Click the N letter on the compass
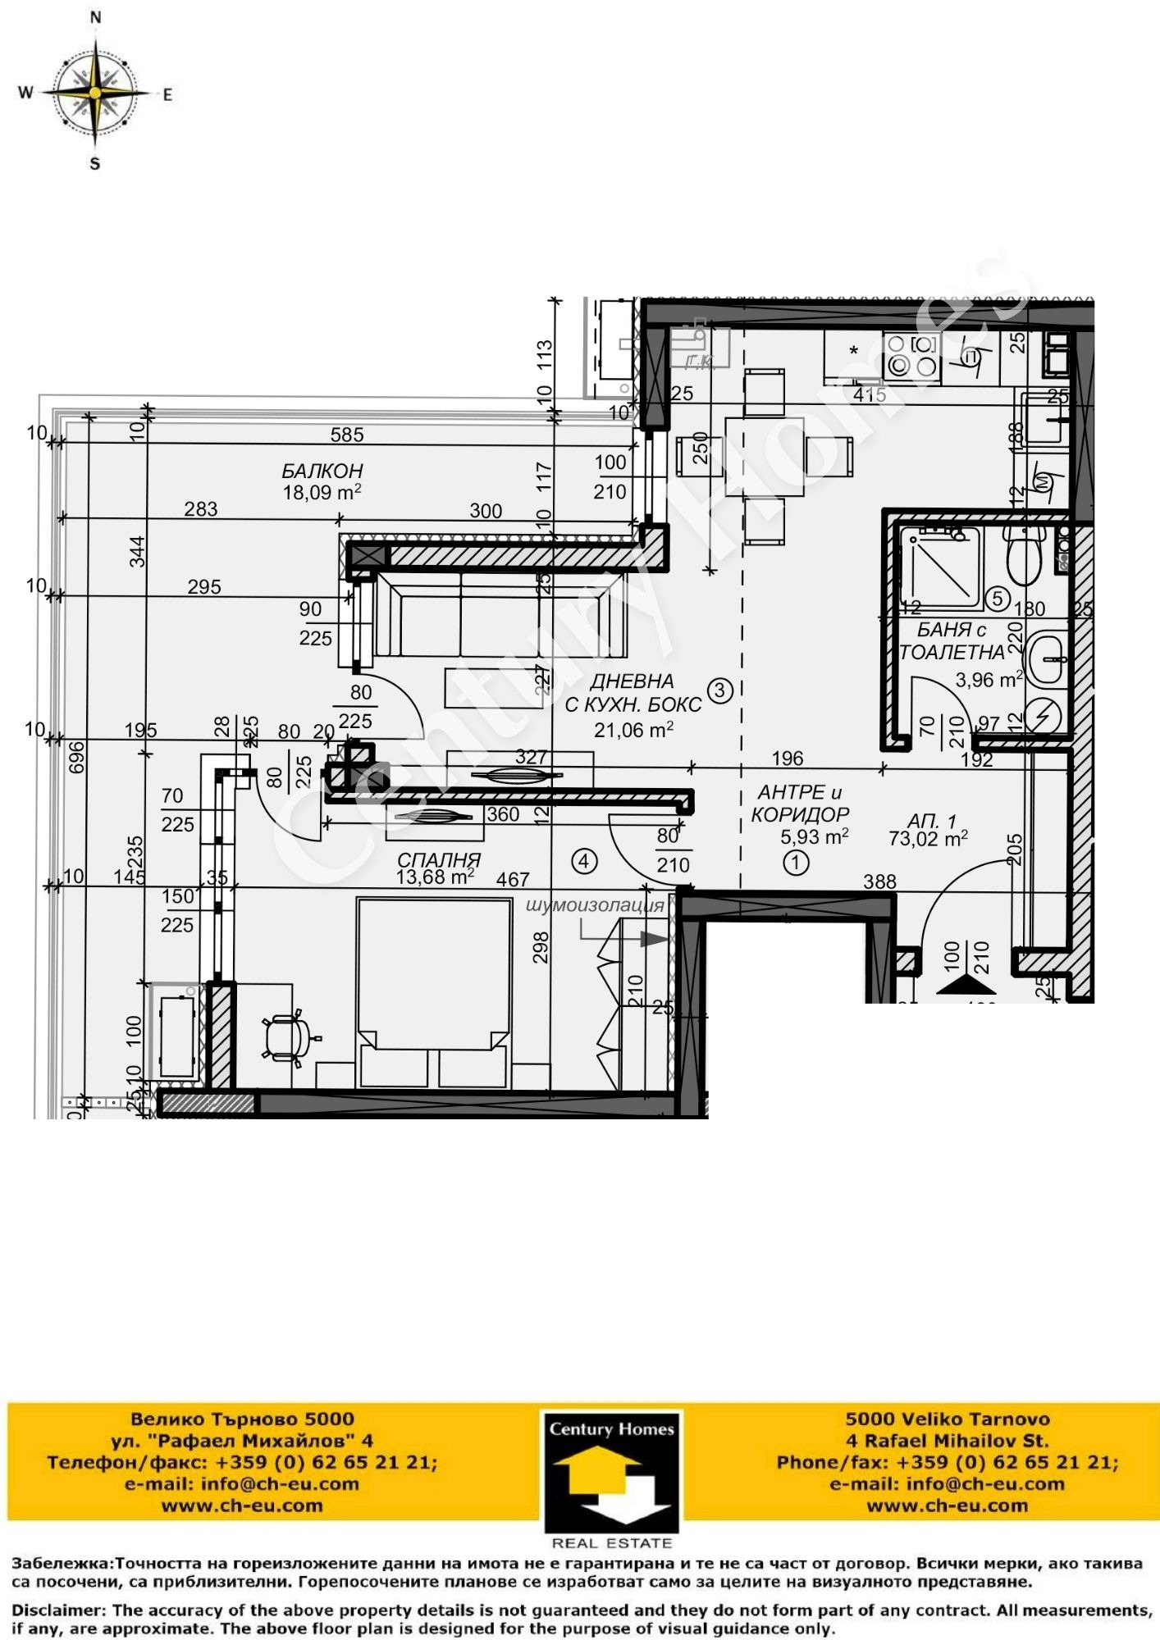pyautogui.click(x=95, y=17)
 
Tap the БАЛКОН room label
pyautogui.click(x=322, y=471)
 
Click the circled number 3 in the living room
pyautogui.click(x=719, y=690)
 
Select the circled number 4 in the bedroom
pyautogui.click(x=583, y=861)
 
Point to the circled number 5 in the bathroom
pyautogui.click(x=997, y=599)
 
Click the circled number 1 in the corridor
pyautogui.click(x=796, y=863)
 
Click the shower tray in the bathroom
pyautogui.click(x=940, y=568)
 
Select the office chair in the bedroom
pyautogui.click(x=286, y=1037)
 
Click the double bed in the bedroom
pyautogui.click(x=433, y=992)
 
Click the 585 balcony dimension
pyautogui.click(x=347, y=435)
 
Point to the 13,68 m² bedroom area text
pyautogui.click(x=435, y=877)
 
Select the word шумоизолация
pyautogui.click(x=594, y=906)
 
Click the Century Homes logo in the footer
pyautogui.click(x=611, y=1472)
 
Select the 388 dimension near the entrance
pyautogui.click(x=879, y=881)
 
